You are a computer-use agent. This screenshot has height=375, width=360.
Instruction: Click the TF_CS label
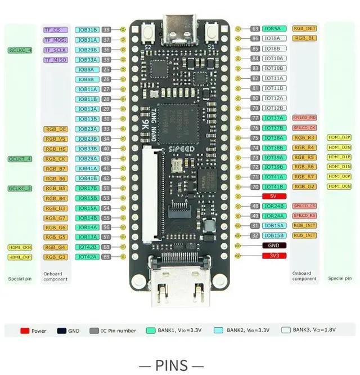coord(56,29)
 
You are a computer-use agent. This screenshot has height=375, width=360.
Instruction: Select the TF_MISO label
coord(56,60)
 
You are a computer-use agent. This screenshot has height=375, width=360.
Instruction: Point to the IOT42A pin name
coord(88,257)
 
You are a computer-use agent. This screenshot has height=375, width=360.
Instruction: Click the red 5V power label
coord(274,196)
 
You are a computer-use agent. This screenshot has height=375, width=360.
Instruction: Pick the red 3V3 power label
coord(274,256)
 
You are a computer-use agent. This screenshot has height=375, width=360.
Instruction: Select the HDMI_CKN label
coord(20,247)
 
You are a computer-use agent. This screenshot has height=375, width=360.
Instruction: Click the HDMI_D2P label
coord(339,137)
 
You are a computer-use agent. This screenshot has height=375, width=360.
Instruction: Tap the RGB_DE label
coord(56,129)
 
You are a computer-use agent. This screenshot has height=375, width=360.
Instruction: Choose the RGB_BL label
coord(304,38)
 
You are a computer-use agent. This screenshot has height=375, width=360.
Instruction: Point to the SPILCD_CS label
coord(304,206)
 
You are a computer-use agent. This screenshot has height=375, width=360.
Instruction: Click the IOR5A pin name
coord(274,28)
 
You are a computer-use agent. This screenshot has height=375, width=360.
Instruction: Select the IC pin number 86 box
coord(255,38)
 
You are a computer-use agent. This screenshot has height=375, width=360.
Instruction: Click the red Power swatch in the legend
coord(25,331)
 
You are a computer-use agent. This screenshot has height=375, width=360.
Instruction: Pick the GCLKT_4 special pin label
coord(20,159)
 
